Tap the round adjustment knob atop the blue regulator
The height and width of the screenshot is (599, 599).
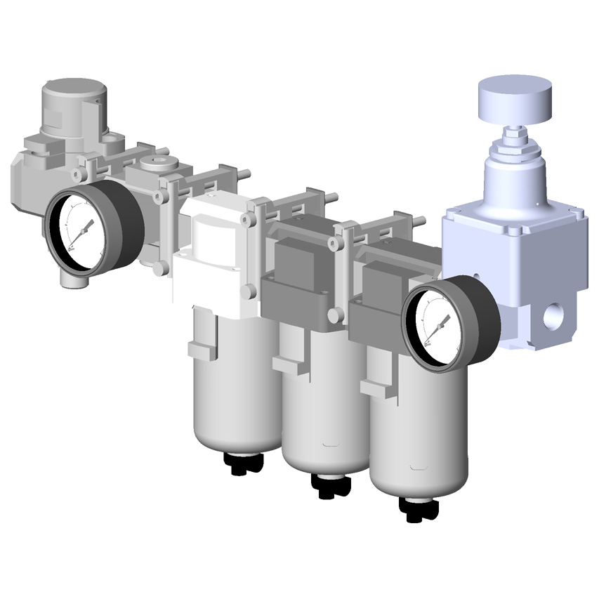click(x=515, y=98)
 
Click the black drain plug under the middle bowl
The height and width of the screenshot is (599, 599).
click(x=329, y=485)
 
